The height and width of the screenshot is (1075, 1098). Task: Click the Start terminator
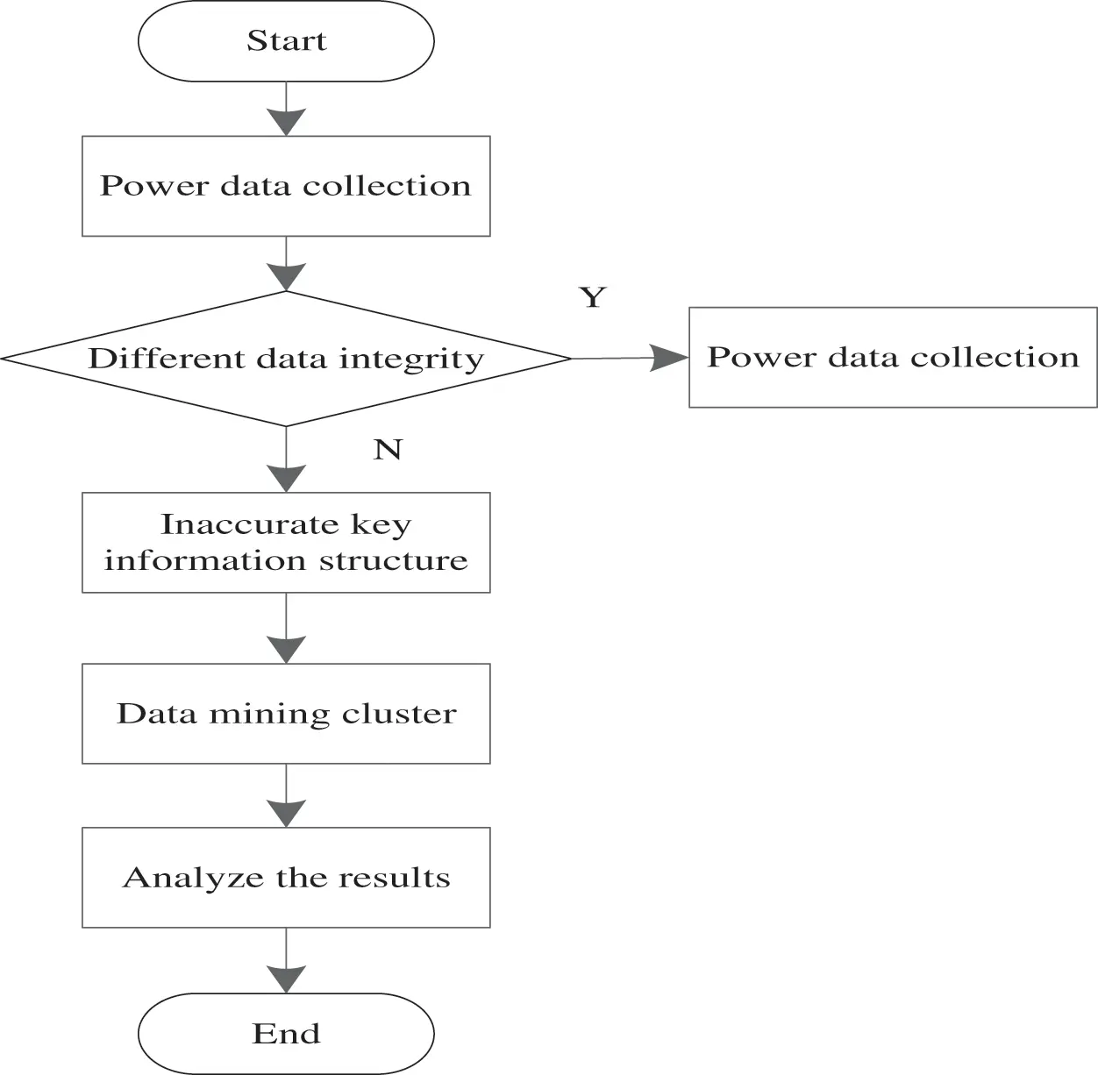[286, 41]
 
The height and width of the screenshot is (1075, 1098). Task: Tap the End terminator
[286, 1033]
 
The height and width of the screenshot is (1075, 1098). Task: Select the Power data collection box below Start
[286, 186]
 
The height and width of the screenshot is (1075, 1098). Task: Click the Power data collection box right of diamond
[893, 357]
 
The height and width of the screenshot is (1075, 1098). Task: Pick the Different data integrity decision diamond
[286, 359]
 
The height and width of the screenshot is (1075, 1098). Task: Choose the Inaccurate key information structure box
[286, 542]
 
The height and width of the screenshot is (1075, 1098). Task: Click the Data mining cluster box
[286, 713]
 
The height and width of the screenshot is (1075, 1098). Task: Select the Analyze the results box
[286, 877]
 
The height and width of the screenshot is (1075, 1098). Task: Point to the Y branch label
[593, 297]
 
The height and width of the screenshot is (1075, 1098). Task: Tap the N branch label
[388, 449]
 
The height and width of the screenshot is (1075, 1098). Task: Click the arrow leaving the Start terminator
[286, 110]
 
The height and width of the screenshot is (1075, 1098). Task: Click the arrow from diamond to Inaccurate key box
[286, 460]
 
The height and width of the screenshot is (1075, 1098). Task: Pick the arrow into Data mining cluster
[286, 630]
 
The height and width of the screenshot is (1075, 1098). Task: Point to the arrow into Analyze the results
[286, 796]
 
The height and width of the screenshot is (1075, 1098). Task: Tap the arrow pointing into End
[286, 962]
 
